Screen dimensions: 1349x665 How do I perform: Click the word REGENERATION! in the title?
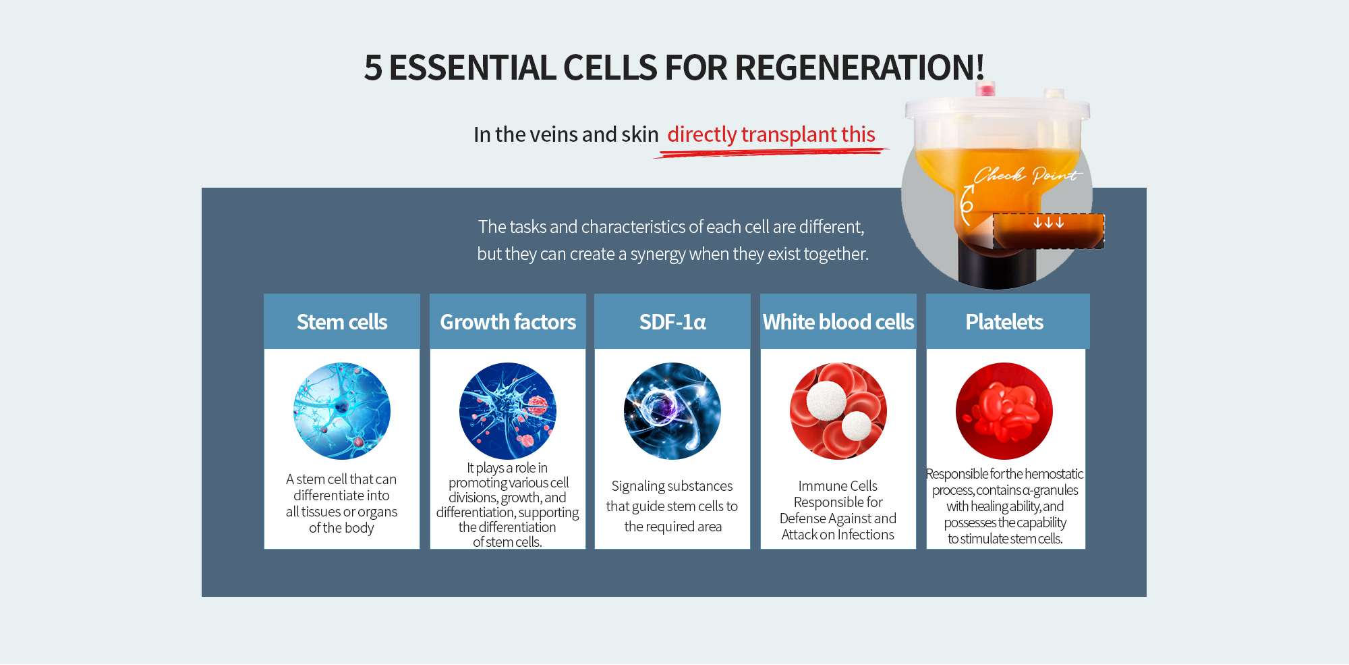[x=860, y=68]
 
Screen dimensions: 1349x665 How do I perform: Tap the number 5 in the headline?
[x=373, y=68]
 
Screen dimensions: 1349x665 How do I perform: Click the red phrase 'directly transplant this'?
[x=771, y=134]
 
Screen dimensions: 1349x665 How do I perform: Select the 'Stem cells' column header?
[x=342, y=322]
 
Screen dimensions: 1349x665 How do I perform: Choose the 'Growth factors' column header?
[x=508, y=322]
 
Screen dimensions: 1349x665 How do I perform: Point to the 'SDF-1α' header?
[x=672, y=322]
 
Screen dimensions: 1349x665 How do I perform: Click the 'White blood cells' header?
[x=838, y=322]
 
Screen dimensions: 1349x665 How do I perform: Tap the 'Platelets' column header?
[x=1004, y=322]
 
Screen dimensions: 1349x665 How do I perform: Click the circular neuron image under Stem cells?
[x=342, y=411]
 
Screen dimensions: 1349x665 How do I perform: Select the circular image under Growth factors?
[x=508, y=411]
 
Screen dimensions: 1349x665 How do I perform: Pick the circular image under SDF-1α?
[x=672, y=411]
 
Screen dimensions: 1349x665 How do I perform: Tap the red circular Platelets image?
[x=1004, y=411]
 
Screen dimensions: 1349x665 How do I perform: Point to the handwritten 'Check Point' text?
[x=1027, y=176]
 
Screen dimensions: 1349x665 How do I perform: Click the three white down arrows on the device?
[x=1048, y=222]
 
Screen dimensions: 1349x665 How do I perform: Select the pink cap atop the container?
[x=985, y=88]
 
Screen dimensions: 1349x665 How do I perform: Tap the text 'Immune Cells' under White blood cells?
[x=838, y=486]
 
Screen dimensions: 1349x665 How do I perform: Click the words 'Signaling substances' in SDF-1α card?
[x=672, y=486]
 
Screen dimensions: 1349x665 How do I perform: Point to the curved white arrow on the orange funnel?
[x=966, y=205]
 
